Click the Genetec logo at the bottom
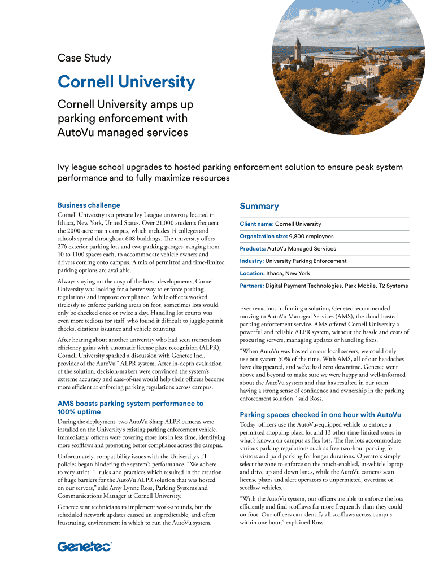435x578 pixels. tap(85, 546)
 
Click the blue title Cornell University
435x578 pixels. tap(126, 83)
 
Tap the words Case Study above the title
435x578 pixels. tap(85, 58)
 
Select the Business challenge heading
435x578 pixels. tap(89, 205)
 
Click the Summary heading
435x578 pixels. tap(259, 207)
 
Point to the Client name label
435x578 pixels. tap(256, 224)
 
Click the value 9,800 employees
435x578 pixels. tap(311, 237)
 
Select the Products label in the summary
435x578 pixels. tap(253, 249)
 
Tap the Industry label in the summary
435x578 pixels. tap(251, 261)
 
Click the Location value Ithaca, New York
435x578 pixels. tap(288, 274)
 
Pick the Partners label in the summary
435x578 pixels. tap(252, 286)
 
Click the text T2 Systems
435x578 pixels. tap(393, 286)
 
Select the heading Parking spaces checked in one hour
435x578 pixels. tap(320, 414)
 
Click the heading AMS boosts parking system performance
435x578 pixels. tap(130, 404)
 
